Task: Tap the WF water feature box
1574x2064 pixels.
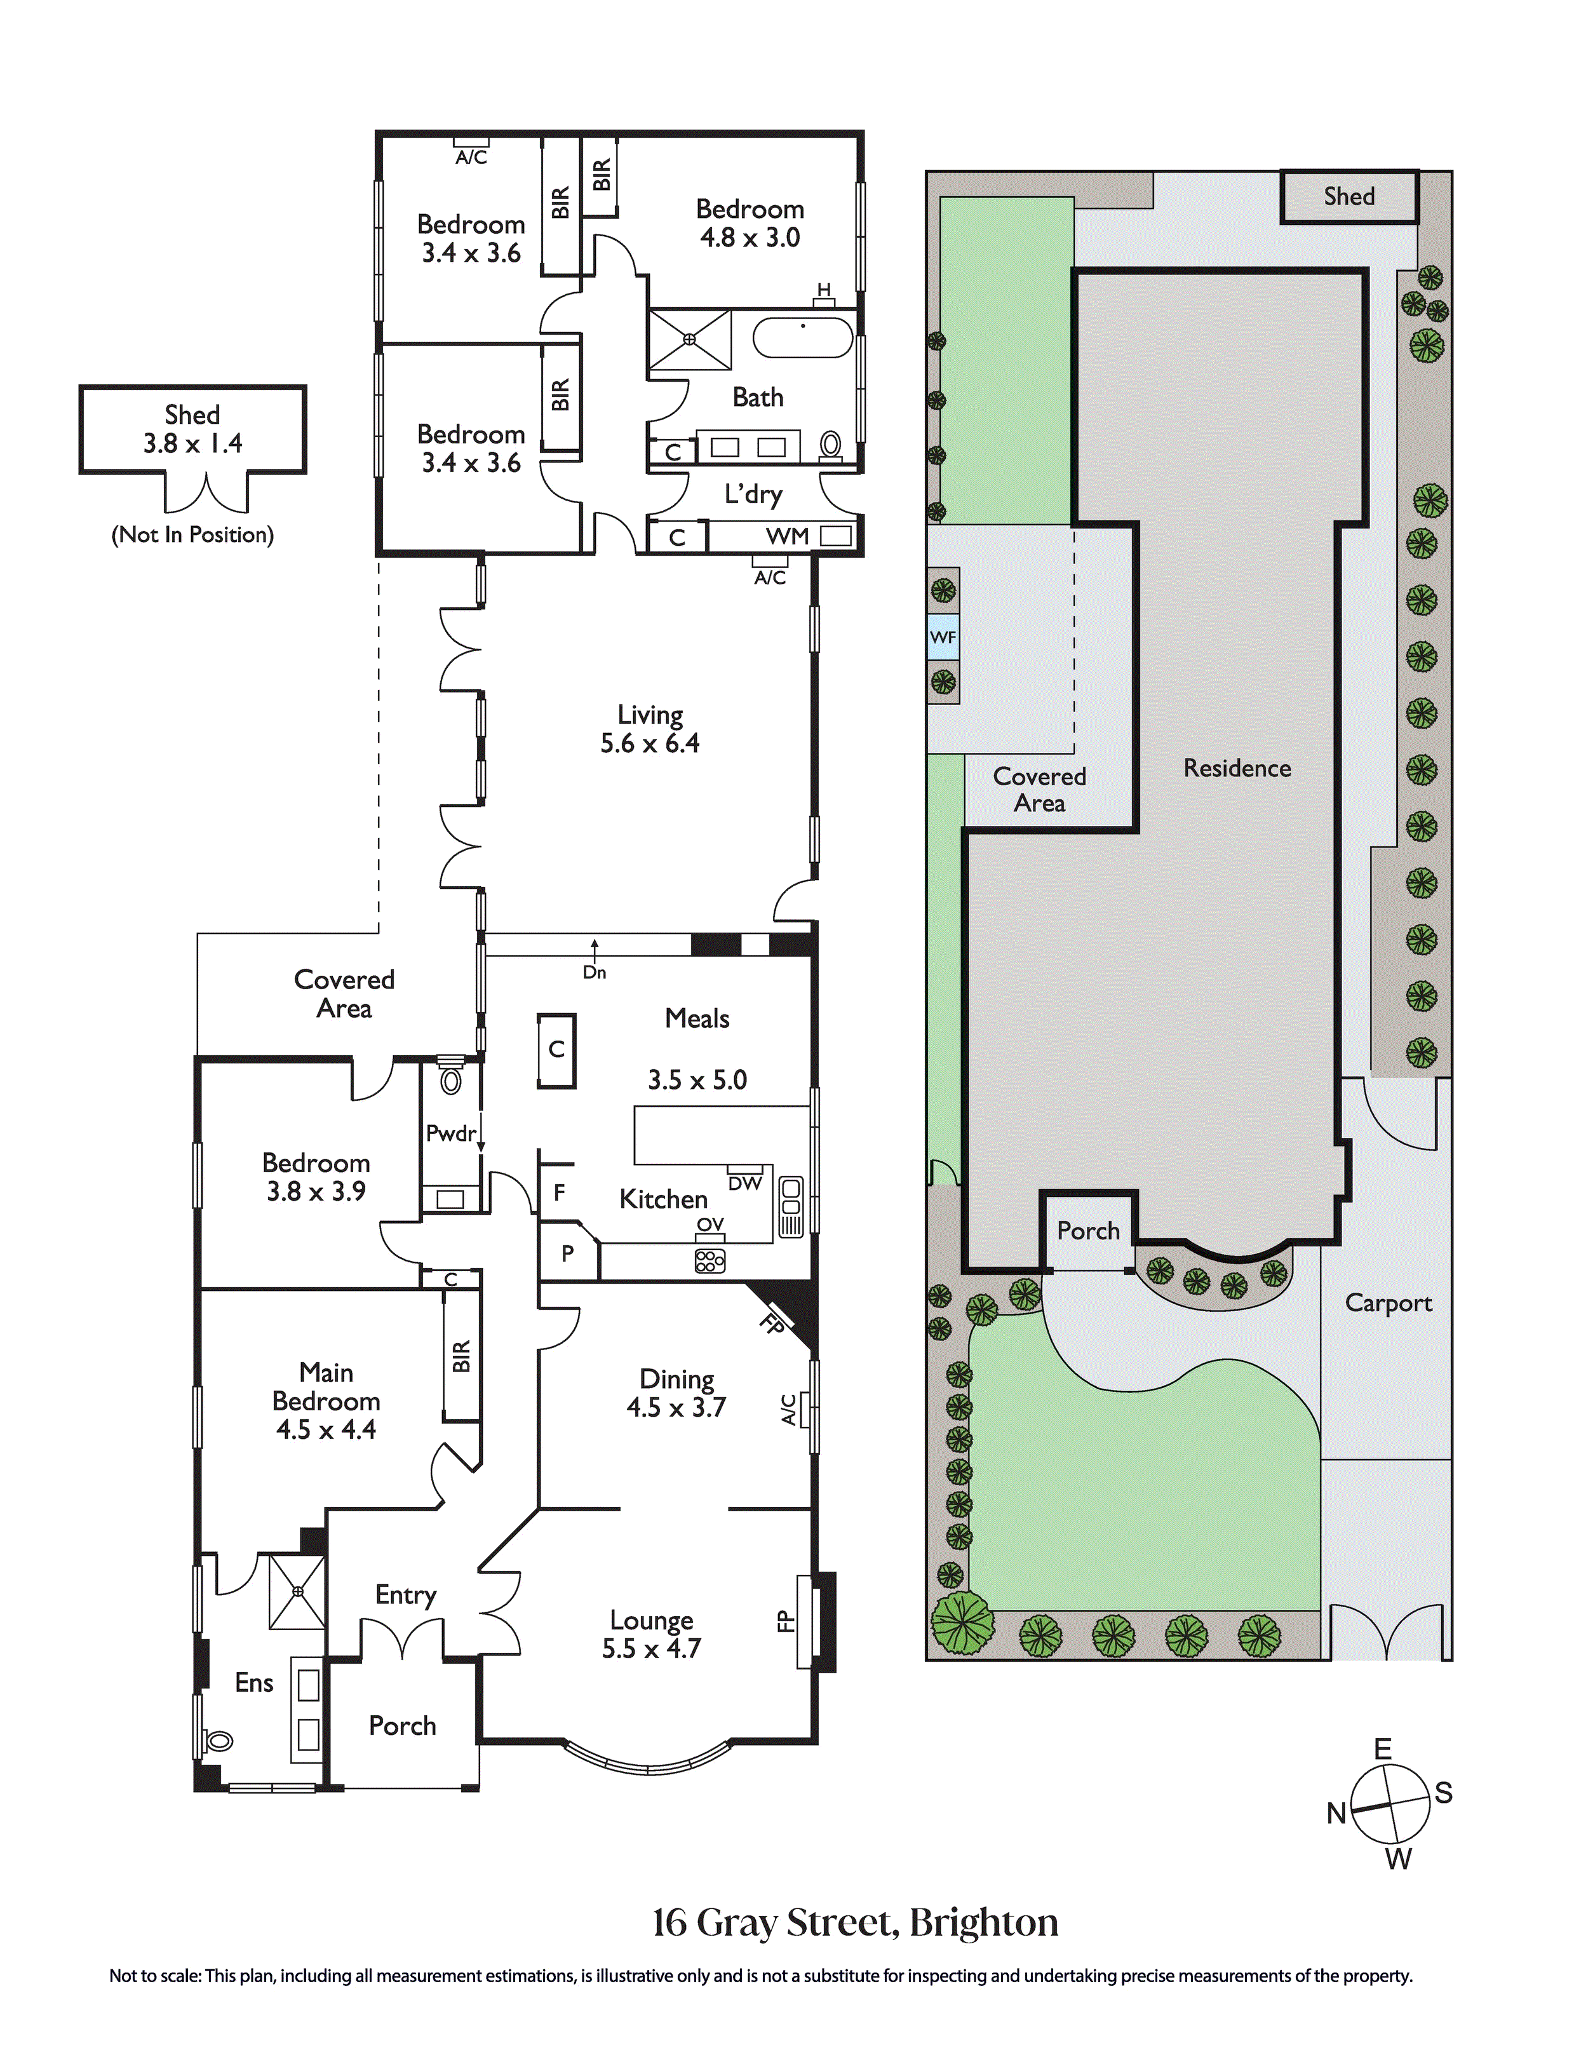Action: (x=943, y=638)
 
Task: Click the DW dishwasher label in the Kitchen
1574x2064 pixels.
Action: (x=745, y=1184)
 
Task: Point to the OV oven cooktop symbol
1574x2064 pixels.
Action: (x=710, y=1261)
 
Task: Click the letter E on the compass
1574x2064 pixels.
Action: (x=1383, y=1748)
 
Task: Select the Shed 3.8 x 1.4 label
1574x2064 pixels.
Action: (x=192, y=429)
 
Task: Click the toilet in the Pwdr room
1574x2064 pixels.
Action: (x=450, y=1080)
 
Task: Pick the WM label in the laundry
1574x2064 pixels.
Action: (x=787, y=536)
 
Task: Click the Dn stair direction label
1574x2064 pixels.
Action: (x=594, y=973)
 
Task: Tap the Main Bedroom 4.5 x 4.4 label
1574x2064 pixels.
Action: (x=325, y=1401)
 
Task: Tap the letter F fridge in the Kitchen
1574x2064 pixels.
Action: (x=560, y=1192)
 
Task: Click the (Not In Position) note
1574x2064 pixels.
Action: (x=192, y=535)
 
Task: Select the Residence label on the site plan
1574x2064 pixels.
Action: (x=1237, y=768)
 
